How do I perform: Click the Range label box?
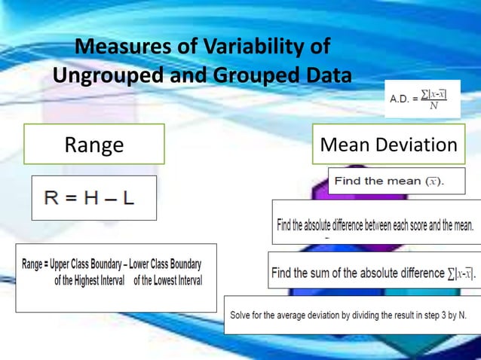point(94,145)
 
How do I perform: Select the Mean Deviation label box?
point(388,145)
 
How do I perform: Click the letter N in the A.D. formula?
point(434,106)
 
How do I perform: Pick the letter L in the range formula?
point(127,198)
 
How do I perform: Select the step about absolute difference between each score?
point(375,225)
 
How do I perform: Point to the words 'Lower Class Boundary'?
point(165,265)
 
